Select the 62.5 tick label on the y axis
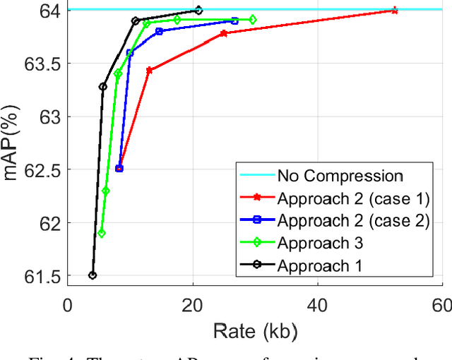pos(41,169)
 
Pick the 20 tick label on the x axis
pos(192,306)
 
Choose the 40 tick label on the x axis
pos(317,306)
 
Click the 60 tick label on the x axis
pos(441,306)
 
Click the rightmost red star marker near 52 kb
pos(394,11)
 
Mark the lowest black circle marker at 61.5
pos(93,275)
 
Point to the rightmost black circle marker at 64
pos(198,11)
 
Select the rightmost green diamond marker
pos(253,20)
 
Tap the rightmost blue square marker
pos(234,20)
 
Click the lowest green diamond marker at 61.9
pos(102,233)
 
